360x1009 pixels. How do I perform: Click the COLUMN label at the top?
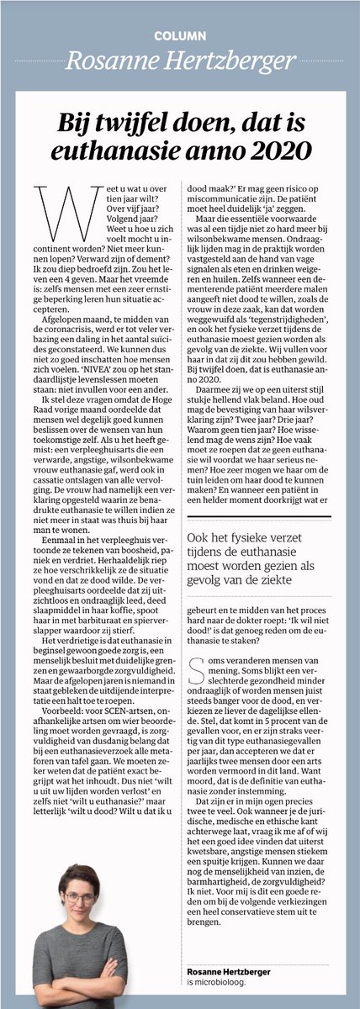(x=179, y=36)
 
